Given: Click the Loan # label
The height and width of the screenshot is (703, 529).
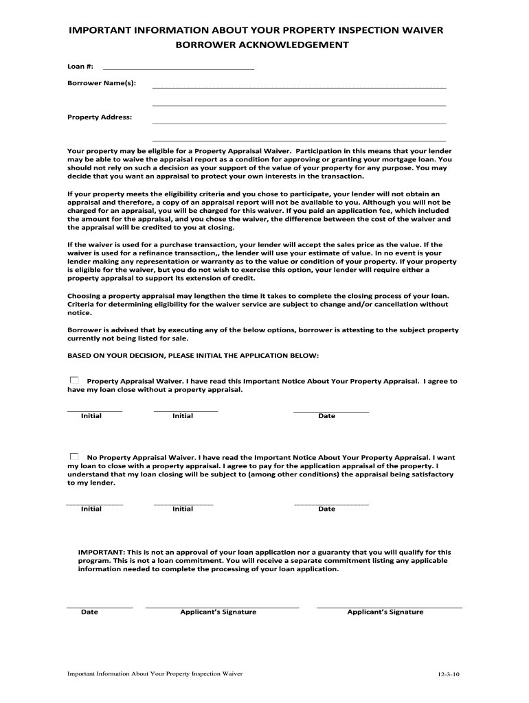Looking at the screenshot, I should click(x=80, y=67).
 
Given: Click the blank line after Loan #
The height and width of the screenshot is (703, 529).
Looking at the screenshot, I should click(x=178, y=69).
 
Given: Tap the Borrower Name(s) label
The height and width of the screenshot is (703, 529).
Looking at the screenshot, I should click(x=101, y=83).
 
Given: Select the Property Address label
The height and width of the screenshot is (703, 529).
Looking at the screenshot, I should click(x=99, y=117).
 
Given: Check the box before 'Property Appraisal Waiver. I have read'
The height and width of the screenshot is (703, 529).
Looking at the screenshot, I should click(x=74, y=380).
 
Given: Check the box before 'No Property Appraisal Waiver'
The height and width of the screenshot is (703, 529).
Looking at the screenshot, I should click(x=74, y=456).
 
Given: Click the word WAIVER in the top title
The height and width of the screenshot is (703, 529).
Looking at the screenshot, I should click(x=418, y=31).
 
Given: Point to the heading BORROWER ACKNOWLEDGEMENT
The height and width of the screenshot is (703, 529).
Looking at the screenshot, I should click(x=264, y=45).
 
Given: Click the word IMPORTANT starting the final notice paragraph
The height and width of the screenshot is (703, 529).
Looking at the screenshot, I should click(x=101, y=552).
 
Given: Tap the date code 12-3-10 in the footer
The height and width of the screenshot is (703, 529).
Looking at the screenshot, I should click(x=448, y=675).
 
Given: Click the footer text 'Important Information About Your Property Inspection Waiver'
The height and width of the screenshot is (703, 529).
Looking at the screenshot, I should click(x=155, y=673).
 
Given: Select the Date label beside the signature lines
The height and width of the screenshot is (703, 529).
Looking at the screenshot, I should click(x=89, y=612).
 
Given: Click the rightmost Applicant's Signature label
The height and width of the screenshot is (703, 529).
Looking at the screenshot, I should click(x=385, y=612).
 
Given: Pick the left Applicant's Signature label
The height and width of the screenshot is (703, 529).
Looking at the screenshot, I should click(x=218, y=612).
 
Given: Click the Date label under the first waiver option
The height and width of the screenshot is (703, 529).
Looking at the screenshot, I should click(x=326, y=416).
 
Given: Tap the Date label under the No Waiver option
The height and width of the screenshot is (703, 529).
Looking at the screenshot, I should click(x=326, y=509).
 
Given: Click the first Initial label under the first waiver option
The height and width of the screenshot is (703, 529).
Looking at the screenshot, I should click(x=91, y=416).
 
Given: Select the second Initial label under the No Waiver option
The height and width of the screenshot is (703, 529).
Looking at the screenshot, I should click(x=183, y=509).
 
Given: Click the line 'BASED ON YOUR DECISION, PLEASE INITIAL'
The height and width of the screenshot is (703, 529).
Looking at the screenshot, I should click(x=192, y=356).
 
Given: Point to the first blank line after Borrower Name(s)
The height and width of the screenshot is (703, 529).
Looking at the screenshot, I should click(x=299, y=87).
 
